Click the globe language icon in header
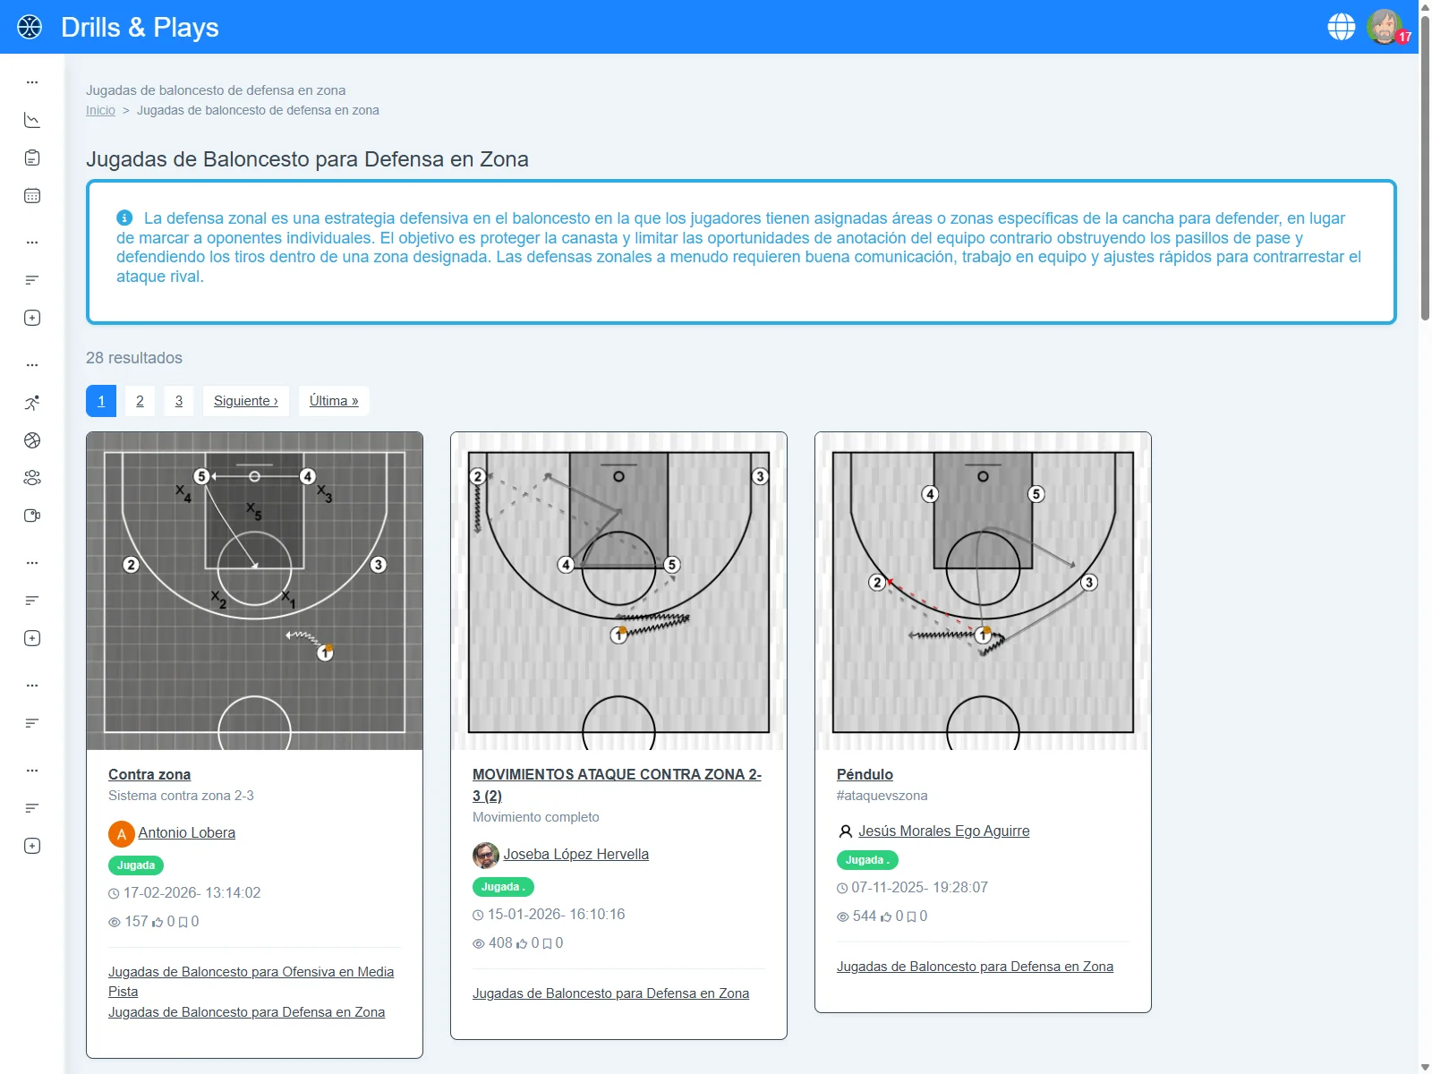click(x=1341, y=27)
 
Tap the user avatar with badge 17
click(x=1385, y=27)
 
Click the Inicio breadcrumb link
click(x=100, y=110)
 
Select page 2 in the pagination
click(x=140, y=401)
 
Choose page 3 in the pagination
click(x=179, y=401)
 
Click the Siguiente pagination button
click(x=245, y=401)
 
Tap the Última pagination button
click(x=334, y=401)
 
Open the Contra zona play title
click(x=149, y=774)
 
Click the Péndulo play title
click(x=865, y=774)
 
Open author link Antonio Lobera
click(x=186, y=832)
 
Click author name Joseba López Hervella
click(x=575, y=854)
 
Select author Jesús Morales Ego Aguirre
click(x=943, y=831)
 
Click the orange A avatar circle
click(x=121, y=834)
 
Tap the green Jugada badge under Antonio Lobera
click(x=136, y=865)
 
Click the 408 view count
click(x=500, y=942)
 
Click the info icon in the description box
click(x=124, y=217)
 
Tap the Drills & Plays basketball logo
click(x=30, y=27)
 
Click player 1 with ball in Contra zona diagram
click(x=325, y=652)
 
